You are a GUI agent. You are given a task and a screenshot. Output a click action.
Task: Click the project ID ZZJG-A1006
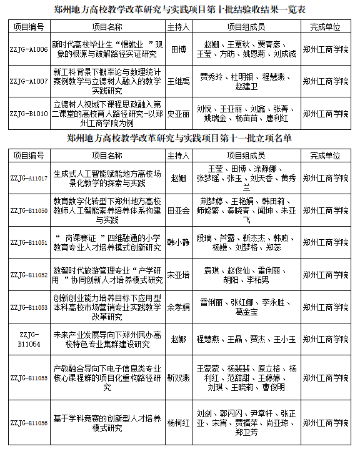tap(29, 50)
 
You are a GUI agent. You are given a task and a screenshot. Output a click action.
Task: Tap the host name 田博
tap(178, 50)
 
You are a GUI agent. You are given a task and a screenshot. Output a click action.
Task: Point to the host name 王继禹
tap(178, 81)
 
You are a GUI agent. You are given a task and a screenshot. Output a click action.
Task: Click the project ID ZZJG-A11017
tap(29, 178)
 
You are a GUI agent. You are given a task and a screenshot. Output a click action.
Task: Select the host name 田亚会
tap(178, 210)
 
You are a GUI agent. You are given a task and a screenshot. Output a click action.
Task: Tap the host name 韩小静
tap(178, 242)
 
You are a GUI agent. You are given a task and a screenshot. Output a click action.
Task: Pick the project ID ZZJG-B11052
tap(29, 275)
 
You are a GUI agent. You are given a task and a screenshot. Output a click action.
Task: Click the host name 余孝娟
tap(178, 307)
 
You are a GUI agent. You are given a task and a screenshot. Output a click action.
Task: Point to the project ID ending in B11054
tap(29, 339)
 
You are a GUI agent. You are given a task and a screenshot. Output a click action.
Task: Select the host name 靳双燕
tap(178, 378)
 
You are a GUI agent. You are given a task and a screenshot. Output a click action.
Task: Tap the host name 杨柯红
tap(178, 423)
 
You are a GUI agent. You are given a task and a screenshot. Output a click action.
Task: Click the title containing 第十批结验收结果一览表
tap(180, 9)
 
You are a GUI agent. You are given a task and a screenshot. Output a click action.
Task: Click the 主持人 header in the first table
tap(178, 27)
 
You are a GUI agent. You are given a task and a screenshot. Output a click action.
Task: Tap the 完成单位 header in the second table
tap(329, 155)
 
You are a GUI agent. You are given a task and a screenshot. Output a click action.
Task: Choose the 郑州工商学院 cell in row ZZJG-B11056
tap(329, 423)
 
